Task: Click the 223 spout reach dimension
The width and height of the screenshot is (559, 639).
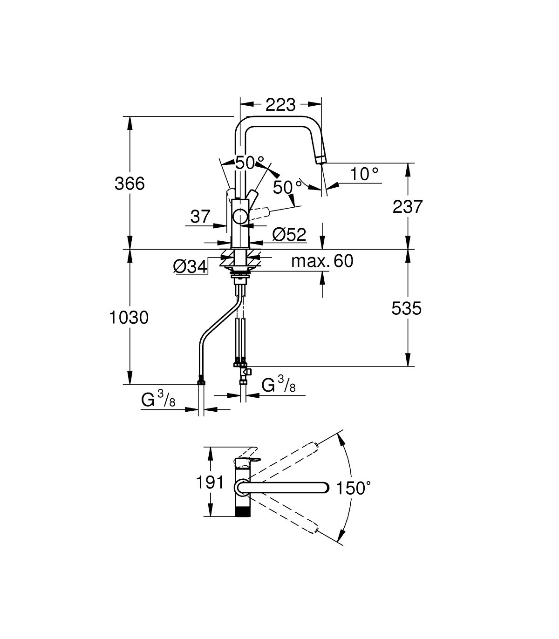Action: pos(280,105)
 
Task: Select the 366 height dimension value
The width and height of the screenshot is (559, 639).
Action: pos(130,184)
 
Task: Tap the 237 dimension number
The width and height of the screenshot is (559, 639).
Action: pos(408,206)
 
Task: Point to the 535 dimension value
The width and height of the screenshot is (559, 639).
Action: pos(407,308)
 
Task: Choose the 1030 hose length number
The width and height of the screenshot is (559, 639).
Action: pos(129,318)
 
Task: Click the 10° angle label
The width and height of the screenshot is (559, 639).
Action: pos(364,174)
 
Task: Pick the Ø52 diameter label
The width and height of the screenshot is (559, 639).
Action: pos(289,235)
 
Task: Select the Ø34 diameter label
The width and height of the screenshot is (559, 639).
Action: pos(190,267)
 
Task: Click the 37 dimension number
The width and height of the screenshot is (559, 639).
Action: pos(200,216)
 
